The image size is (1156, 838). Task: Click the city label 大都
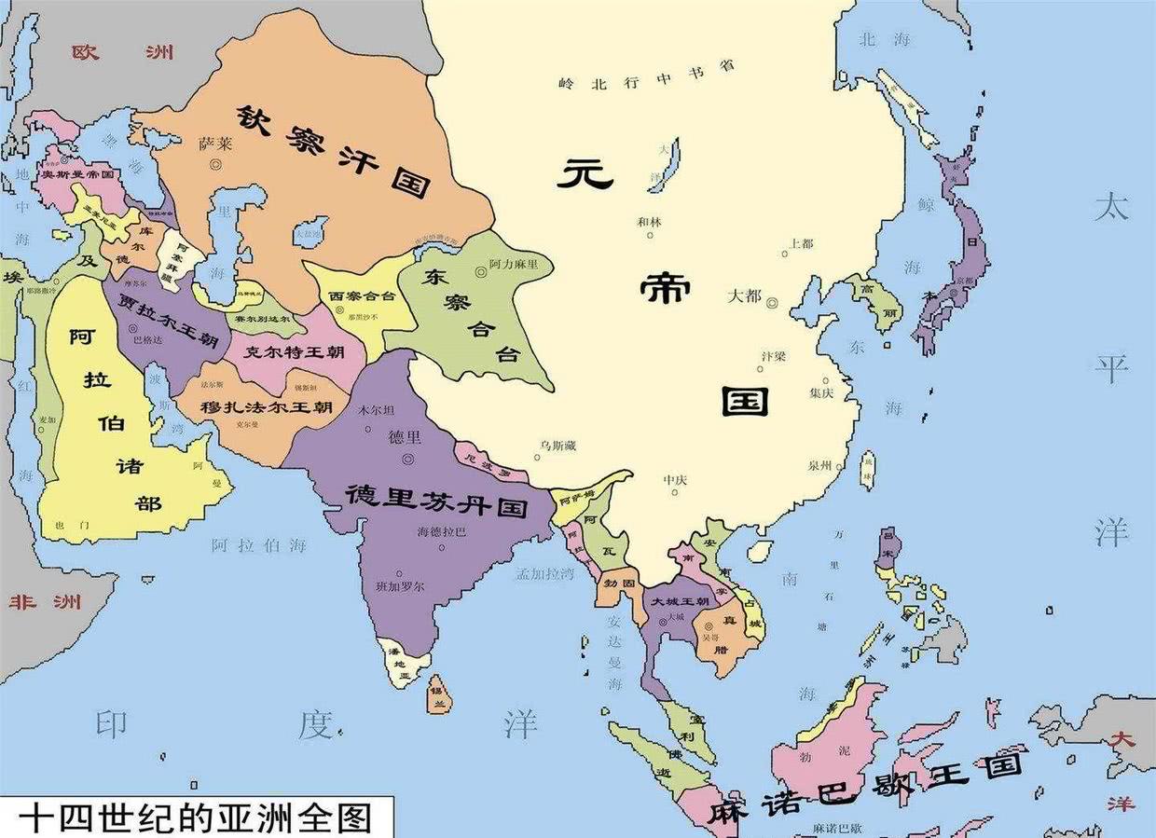coord(744,296)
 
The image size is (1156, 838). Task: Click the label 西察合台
coord(362,295)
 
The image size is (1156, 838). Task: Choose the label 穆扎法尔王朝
coord(267,407)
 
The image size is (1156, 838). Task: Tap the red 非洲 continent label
coord(45,601)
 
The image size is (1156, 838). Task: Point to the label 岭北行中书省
coord(647,76)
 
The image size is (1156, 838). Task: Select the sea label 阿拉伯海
coord(258,545)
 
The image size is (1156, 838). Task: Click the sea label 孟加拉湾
coord(544,574)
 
